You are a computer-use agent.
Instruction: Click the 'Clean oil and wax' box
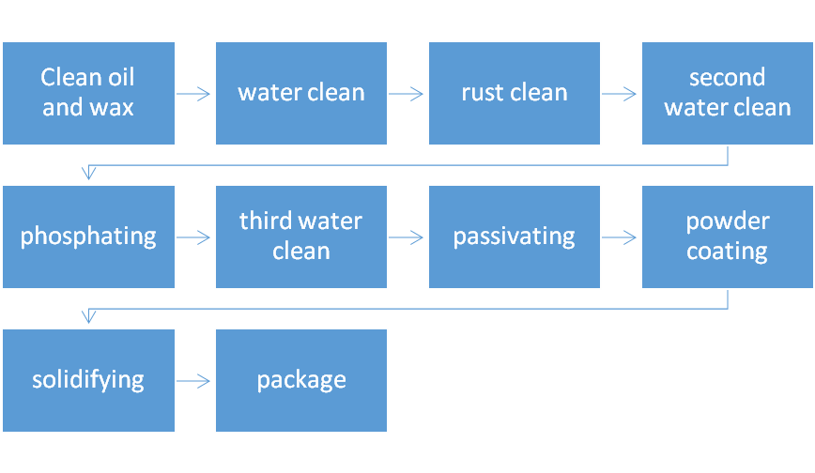click(x=88, y=94)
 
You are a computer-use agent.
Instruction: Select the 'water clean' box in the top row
click(x=301, y=94)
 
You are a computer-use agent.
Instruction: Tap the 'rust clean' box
click(x=515, y=94)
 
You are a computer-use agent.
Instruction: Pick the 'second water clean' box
click(x=728, y=94)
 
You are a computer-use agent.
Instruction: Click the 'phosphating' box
click(x=88, y=237)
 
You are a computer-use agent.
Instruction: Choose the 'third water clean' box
click(x=301, y=237)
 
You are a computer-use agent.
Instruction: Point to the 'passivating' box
click(x=515, y=237)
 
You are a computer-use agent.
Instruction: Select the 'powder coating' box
click(x=728, y=237)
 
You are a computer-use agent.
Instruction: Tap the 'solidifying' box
click(x=88, y=380)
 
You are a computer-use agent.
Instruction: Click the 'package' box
click(x=301, y=380)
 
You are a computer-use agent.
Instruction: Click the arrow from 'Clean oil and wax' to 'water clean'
click(x=193, y=94)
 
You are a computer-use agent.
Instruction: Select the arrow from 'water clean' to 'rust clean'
click(x=406, y=94)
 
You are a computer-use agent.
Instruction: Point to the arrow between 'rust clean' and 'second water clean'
click(x=619, y=94)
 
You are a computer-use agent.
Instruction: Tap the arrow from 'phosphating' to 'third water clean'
click(x=193, y=237)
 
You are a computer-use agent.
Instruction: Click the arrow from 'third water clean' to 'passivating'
click(x=406, y=237)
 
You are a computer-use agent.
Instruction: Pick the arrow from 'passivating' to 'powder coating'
click(x=619, y=237)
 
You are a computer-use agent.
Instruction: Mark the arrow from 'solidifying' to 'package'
click(x=193, y=381)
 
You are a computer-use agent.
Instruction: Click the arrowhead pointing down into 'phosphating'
click(x=89, y=173)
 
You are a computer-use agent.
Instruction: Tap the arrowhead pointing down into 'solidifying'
click(x=89, y=316)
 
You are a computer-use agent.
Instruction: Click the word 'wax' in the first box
click(x=111, y=108)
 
